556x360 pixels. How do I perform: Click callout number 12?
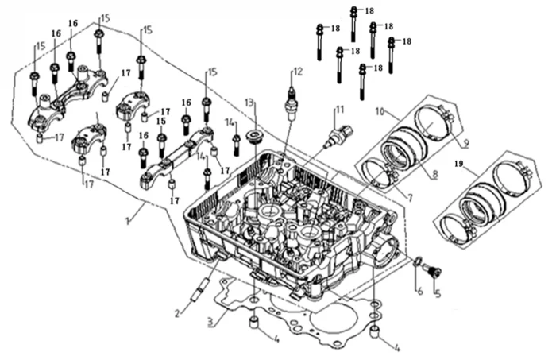[298, 72]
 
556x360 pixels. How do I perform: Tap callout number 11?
[339, 109]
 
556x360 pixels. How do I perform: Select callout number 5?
[436, 292]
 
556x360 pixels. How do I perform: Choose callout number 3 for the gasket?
[210, 323]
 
